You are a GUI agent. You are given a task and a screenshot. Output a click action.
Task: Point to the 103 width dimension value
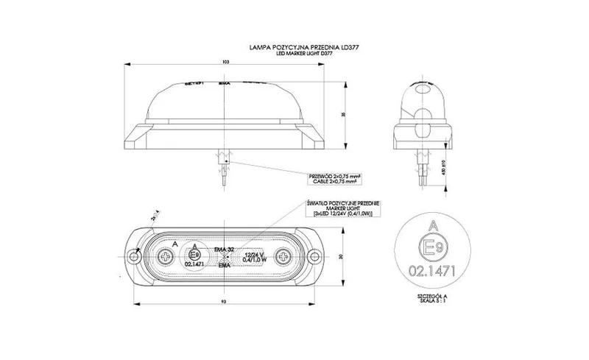pyautogui.click(x=225, y=63)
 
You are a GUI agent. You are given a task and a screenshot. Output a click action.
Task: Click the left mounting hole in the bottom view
pyautogui.click(x=134, y=257)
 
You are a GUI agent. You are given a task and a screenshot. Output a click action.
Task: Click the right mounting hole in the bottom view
pyautogui.click(x=314, y=257)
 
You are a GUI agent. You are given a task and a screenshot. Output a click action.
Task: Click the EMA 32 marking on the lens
pyautogui.click(x=224, y=250)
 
